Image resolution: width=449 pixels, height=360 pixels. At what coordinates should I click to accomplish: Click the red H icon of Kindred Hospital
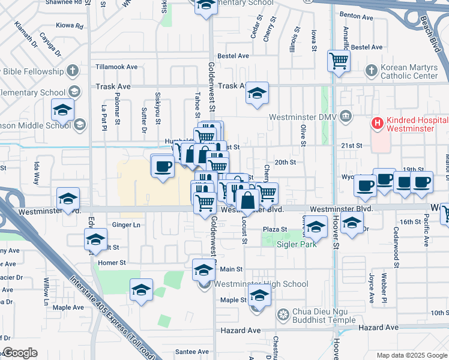tap(378, 124)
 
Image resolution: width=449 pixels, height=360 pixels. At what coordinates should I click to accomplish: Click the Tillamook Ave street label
tap(116, 67)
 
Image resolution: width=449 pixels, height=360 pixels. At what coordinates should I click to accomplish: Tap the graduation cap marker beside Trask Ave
tap(258, 92)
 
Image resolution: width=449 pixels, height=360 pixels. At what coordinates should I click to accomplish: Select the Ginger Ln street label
tap(126, 225)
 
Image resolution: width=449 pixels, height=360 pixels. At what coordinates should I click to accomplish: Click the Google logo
tap(20, 353)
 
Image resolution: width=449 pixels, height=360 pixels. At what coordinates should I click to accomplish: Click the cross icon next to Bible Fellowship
tap(72, 71)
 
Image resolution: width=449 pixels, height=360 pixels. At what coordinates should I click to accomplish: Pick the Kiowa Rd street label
tap(70, 26)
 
